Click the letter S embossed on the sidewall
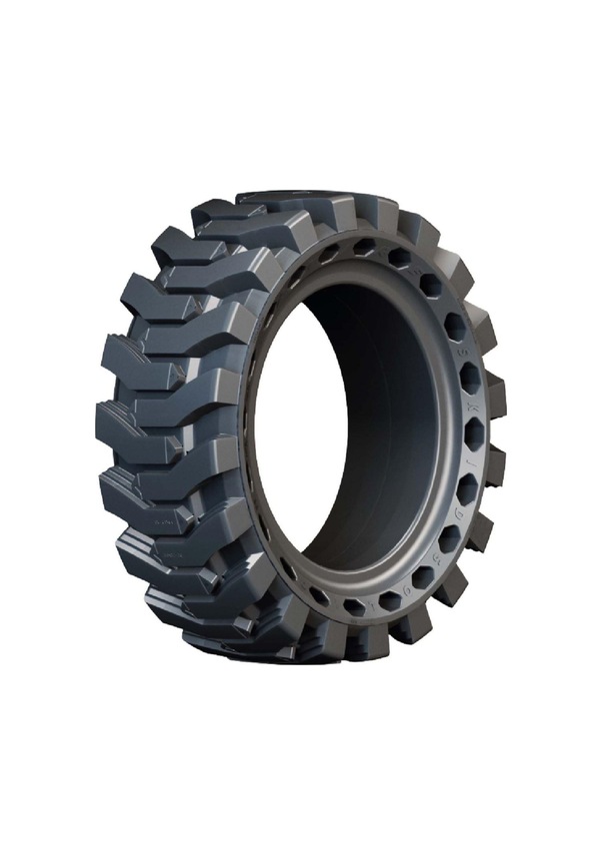pos(464,352)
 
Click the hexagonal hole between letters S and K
pos(469,379)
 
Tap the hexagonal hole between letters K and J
pos(474,433)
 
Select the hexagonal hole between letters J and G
pos(466,487)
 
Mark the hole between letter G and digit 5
pos(448,537)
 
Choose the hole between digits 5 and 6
pos(422,577)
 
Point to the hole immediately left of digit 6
pos(387,600)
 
